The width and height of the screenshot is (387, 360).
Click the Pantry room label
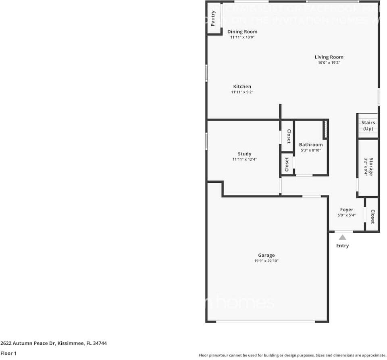point(213,18)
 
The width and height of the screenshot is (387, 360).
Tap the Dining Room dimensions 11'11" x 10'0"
point(242,37)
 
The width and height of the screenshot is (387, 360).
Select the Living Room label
point(329,57)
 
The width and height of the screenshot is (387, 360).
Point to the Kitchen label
point(242,87)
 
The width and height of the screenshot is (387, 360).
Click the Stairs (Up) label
point(368,125)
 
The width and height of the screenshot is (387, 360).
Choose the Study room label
point(244,154)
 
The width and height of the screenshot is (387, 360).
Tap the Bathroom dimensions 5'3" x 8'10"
point(311,150)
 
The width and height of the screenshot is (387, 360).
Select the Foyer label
point(346,210)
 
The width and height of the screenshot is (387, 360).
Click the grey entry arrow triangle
point(342,237)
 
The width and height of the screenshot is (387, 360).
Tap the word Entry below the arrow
point(342,246)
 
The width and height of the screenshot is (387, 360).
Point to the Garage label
point(266,255)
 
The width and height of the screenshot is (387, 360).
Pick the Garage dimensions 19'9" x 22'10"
point(266,261)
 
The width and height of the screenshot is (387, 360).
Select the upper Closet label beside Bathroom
point(289,136)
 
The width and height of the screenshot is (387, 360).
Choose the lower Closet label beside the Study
point(287,164)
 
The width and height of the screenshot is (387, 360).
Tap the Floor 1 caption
point(8,353)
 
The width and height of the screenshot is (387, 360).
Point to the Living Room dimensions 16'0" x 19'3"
point(329,63)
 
